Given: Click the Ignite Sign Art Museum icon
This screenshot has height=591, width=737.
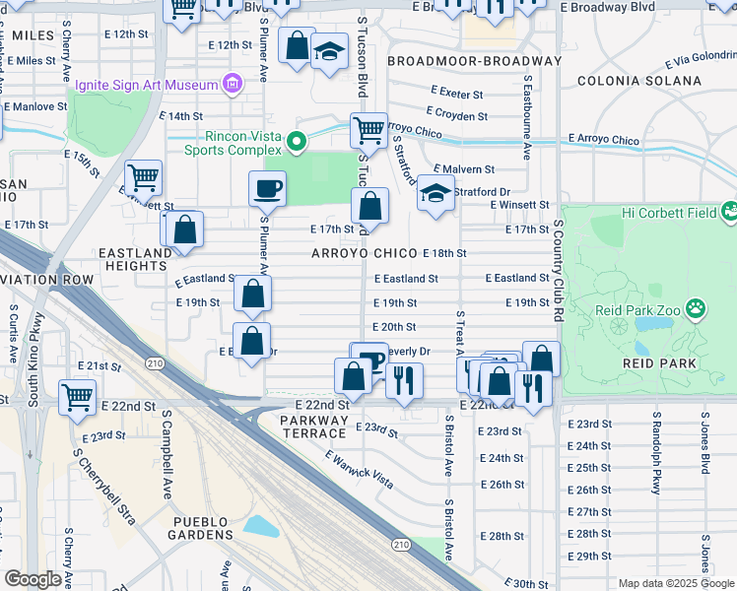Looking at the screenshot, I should pos(233,83).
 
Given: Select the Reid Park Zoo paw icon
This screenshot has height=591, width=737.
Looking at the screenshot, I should pos(696,309).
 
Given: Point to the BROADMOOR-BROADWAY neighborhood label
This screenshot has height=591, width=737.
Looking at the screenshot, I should pos(474,61).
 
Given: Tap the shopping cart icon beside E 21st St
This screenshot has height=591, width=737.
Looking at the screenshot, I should pos(78,397).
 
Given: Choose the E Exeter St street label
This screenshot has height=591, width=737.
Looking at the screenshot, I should pos(456,95).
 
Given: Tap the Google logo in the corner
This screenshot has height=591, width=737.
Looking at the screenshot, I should pos(33,579).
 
